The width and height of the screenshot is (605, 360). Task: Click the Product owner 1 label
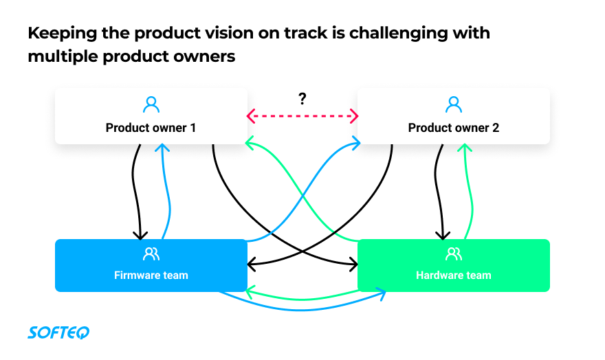(x=151, y=128)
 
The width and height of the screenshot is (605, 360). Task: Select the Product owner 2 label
(x=453, y=128)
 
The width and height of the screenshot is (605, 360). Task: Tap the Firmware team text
(x=151, y=275)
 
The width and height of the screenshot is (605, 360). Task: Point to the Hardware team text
(x=453, y=275)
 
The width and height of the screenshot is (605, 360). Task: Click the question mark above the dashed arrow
(x=302, y=99)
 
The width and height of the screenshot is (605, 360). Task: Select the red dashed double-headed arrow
(x=302, y=116)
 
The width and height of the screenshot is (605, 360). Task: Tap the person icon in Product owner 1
(x=151, y=104)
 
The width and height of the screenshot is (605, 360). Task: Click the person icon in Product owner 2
(x=453, y=104)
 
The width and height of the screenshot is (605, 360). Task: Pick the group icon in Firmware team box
(x=151, y=254)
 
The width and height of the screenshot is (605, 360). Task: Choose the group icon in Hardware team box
(x=453, y=254)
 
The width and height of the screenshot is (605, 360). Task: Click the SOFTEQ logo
(x=58, y=333)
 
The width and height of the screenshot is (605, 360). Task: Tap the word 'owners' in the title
(x=206, y=56)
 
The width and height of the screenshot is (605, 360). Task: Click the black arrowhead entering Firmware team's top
(x=141, y=234)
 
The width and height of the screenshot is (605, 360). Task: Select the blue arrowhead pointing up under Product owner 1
(x=163, y=148)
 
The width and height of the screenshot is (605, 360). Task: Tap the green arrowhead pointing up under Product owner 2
(x=465, y=148)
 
